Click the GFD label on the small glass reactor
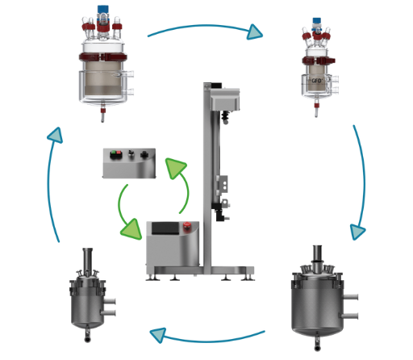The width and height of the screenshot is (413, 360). (x=316, y=81)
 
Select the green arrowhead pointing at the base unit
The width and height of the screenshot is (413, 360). (x=132, y=229)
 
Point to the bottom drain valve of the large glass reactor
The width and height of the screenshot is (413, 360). (x=102, y=117)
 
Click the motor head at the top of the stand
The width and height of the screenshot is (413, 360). (x=226, y=101)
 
